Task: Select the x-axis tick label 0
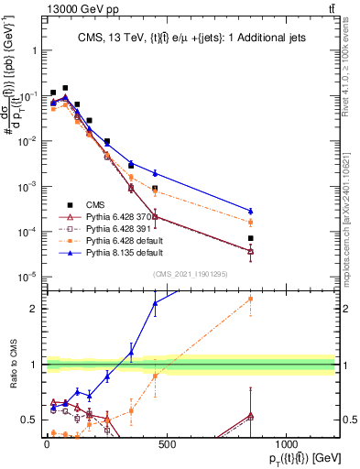click(x=46, y=442)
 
